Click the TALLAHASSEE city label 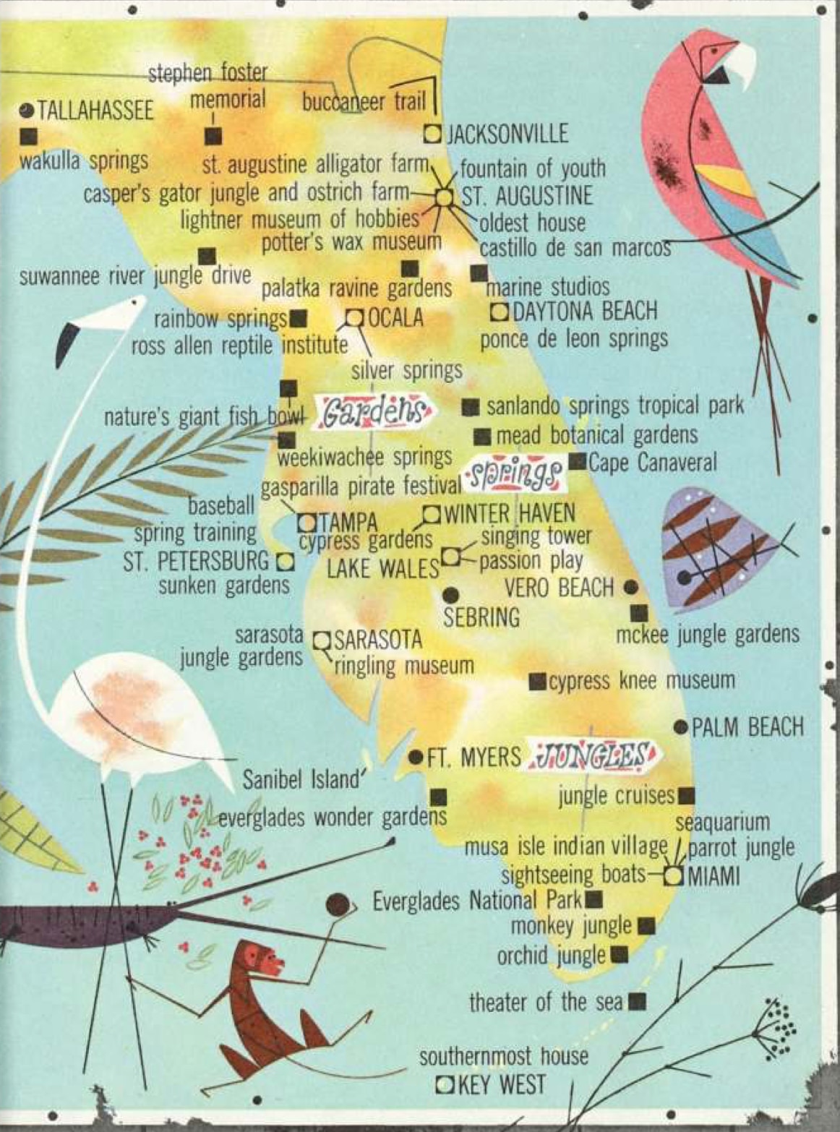95,111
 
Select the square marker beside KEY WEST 446,1084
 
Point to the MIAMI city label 714,876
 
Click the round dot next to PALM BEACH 680,726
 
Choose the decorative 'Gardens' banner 371,411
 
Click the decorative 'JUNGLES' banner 593,756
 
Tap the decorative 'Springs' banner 515,474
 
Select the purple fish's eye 684,578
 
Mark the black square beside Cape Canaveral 577,461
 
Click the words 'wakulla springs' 84,160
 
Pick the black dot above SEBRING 450,595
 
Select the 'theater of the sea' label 546,1002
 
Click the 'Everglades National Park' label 477,901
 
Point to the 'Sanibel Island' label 301,779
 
